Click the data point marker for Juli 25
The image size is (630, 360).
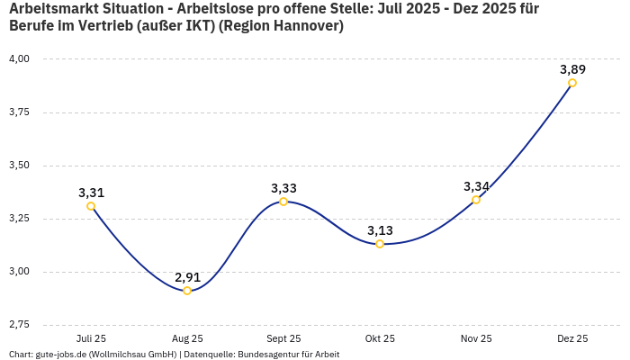click(91, 206)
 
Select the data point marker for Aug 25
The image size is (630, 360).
click(187, 291)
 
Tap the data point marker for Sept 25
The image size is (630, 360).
click(283, 202)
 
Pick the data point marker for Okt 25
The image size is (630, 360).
click(380, 244)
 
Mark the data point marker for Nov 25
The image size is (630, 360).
click(476, 200)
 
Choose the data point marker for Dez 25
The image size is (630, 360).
click(572, 83)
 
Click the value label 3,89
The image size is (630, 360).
click(572, 68)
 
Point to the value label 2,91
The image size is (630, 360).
click(187, 276)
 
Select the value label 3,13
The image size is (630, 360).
click(380, 229)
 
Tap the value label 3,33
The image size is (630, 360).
click(283, 187)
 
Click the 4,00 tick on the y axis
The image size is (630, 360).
click(19, 59)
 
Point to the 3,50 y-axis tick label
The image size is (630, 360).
click(19, 166)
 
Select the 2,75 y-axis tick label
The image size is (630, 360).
click(19, 324)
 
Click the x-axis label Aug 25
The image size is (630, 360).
click(187, 338)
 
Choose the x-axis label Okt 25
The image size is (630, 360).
click(380, 338)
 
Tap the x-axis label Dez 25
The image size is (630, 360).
click(572, 338)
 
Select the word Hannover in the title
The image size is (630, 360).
click(303, 26)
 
